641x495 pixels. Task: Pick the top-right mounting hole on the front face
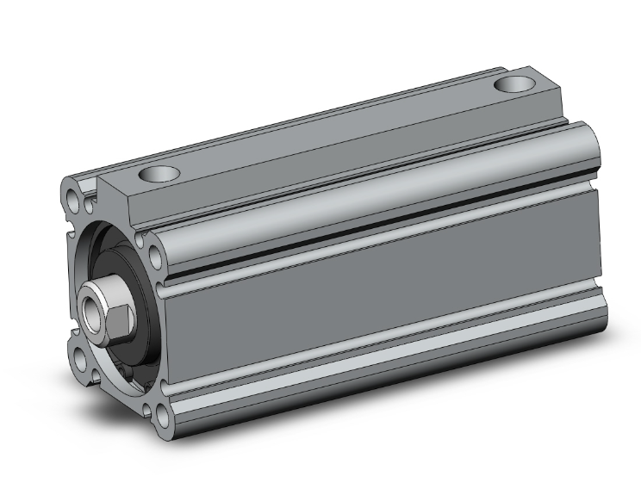(x=156, y=256)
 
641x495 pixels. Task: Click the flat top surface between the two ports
(x=336, y=133)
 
